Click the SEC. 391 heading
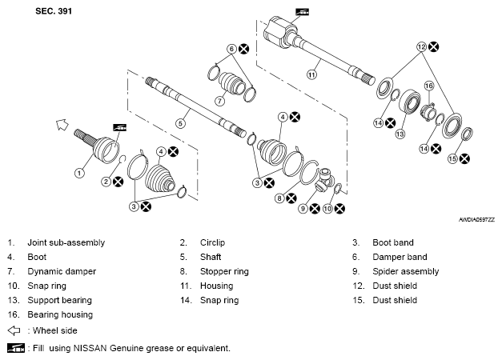click(x=54, y=11)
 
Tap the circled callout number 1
click(x=79, y=173)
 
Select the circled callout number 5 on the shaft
click(x=181, y=123)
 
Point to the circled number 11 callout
click(x=311, y=75)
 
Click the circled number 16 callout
click(x=429, y=86)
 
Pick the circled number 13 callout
click(x=400, y=134)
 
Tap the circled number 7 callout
click(x=219, y=101)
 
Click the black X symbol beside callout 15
click(x=464, y=158)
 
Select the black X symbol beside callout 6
click(x=243, y=49)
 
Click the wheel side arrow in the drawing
click(x=62, y=125)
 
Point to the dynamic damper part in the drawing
click(x=231, y=83)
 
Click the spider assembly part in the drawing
click(x=324, y=180)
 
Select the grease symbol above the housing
click(x=302, y=12)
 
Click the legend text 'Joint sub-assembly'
click(x=66, y=243)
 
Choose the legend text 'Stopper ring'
click(x=224, y=272)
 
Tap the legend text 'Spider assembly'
click(x=406, y=272)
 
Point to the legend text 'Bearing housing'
click(x=60, y=315)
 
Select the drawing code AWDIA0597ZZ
click(x=476, y=220)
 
